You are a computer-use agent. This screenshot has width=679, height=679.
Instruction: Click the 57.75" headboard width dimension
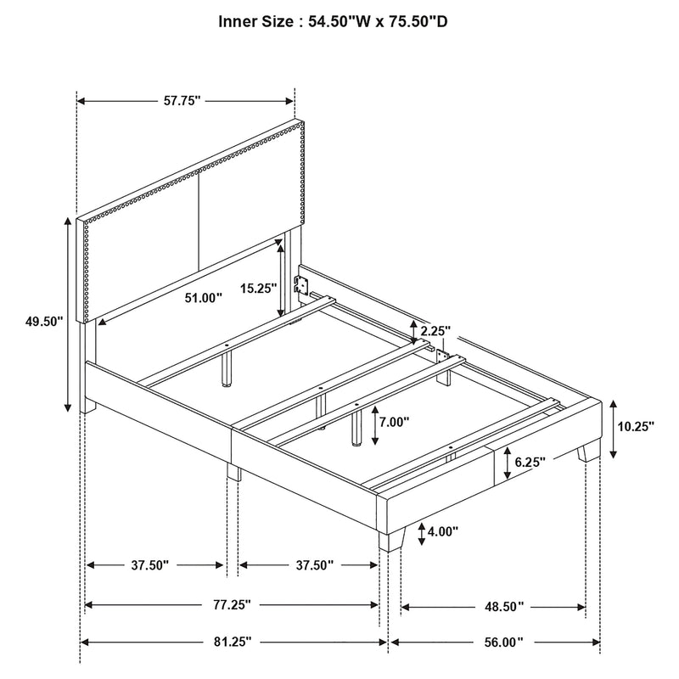181,101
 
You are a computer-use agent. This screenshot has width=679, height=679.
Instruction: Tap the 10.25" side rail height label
637,427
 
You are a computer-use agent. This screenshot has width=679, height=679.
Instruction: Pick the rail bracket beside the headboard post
299,286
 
